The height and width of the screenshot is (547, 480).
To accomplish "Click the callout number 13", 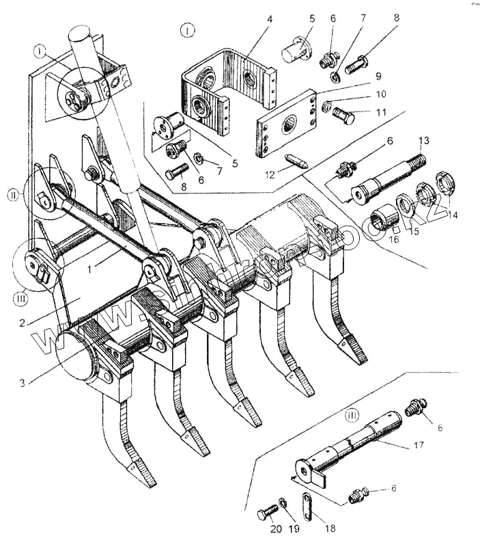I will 423,140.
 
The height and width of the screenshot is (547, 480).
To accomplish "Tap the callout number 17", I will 419,444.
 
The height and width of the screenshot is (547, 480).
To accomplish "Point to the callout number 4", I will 270,19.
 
